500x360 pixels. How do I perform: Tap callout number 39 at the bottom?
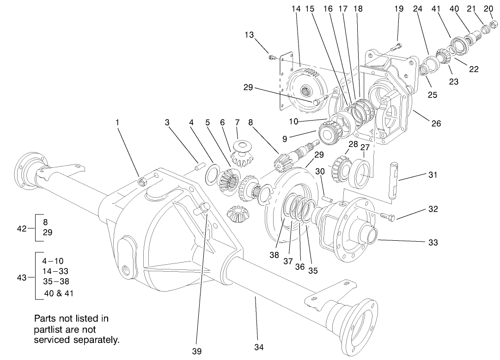click(197, 351)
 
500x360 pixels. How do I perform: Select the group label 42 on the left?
click(22, 228)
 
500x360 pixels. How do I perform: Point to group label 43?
click(22, 277)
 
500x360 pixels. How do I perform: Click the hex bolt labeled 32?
click(388, 215)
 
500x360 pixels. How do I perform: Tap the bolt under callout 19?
click(396, 46)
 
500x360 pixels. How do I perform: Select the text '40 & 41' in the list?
click(59, 293)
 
